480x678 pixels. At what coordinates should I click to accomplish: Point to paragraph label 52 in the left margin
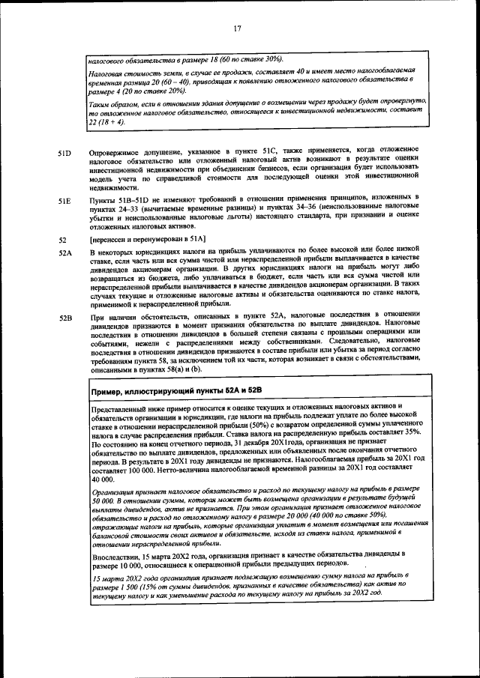(62, 240)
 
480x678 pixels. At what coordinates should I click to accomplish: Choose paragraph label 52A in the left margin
(64, 255)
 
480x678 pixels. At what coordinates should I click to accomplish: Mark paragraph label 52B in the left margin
(64, 318)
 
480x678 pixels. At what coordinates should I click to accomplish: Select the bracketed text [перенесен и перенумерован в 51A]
(148, 240)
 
